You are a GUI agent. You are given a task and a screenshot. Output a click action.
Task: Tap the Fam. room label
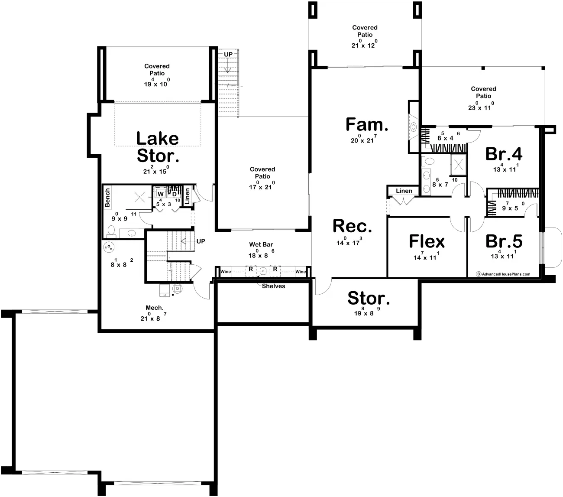tap(366, 124)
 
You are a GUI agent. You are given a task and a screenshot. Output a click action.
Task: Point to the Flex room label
tap(427, 241)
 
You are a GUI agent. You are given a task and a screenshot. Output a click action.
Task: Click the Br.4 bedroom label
tap(504, 153)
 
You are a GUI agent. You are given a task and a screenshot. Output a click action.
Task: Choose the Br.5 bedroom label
tap(504, 241)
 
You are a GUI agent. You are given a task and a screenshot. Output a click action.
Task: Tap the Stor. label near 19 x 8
tap(369, 298)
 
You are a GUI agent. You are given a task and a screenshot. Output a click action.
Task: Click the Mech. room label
tap(154, 308)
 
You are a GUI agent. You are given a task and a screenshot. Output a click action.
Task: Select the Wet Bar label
tap(261, 245)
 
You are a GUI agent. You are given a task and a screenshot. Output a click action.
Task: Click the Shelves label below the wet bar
tap(273, 286)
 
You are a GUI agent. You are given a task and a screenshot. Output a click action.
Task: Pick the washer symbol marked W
tap(160, 194)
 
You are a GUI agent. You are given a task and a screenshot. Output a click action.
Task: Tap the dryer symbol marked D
tap(175, 194)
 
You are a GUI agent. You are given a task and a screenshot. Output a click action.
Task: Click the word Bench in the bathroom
tap(107, 197)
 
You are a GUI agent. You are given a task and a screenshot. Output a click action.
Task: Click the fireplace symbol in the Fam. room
tap(413, 127)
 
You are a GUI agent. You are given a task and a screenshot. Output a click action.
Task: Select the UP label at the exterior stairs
tap(228, 54)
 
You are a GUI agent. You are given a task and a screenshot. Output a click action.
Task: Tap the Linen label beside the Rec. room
tap(404, 191)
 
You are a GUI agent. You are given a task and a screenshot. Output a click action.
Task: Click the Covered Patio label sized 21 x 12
tap(365, 31)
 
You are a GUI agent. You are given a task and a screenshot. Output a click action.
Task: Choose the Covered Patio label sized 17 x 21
tap(262, 172)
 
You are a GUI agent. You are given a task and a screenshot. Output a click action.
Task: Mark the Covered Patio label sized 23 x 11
tap(483, 92)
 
